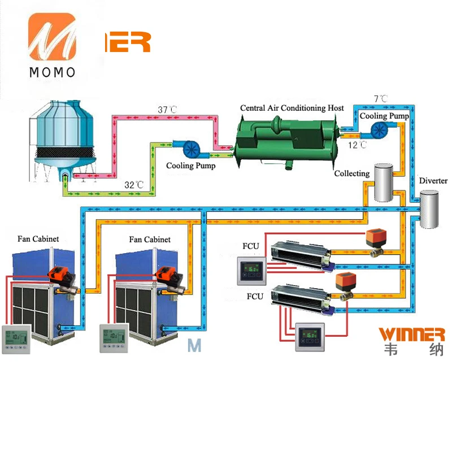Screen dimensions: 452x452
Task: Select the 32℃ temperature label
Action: [x=134, y=185]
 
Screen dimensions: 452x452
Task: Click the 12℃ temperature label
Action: [x=357, y=145]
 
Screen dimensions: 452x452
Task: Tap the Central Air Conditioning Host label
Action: [x=292, y=108]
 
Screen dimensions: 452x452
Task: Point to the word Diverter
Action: [x=433, y=181]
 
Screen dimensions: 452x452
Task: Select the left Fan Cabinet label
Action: [x=38, y=239]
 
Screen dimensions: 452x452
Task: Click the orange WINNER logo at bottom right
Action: [x=411, y=334]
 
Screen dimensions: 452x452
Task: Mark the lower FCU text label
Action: [x=255, y=296]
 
